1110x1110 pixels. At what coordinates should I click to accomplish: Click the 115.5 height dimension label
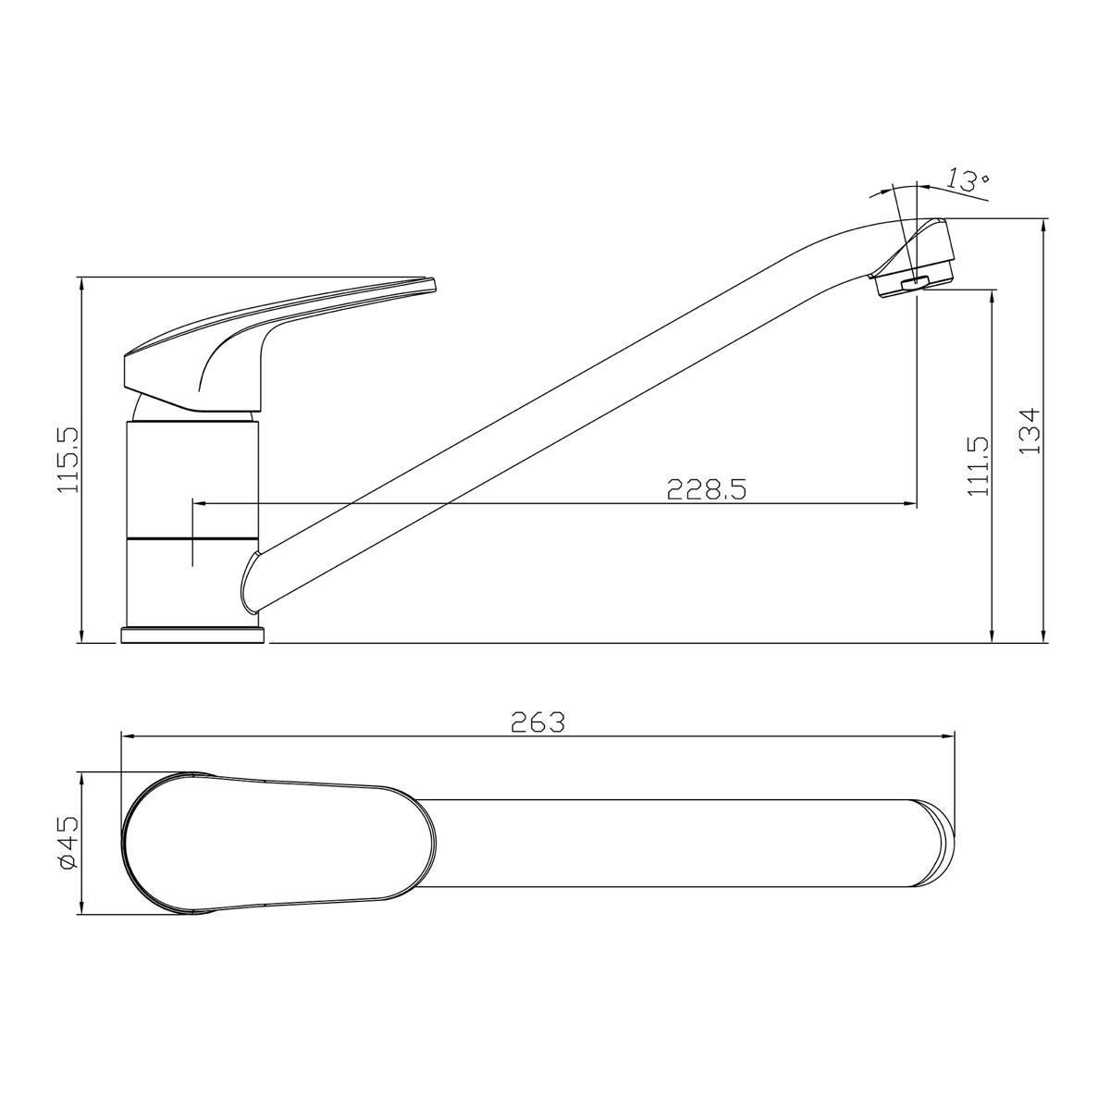[x=68, y=460]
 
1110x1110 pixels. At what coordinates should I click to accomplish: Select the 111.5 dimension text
[x=979, y=465]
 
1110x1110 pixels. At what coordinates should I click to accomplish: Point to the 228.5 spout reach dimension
[x=707, y=489]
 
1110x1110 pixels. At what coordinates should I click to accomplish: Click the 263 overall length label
[x=538, y=722]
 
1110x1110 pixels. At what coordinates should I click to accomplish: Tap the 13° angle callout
[x=968, y=181]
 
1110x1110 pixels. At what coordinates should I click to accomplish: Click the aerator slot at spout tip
[x=914, y=282]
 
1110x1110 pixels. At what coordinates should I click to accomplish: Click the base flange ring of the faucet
[x=193, y=635]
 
